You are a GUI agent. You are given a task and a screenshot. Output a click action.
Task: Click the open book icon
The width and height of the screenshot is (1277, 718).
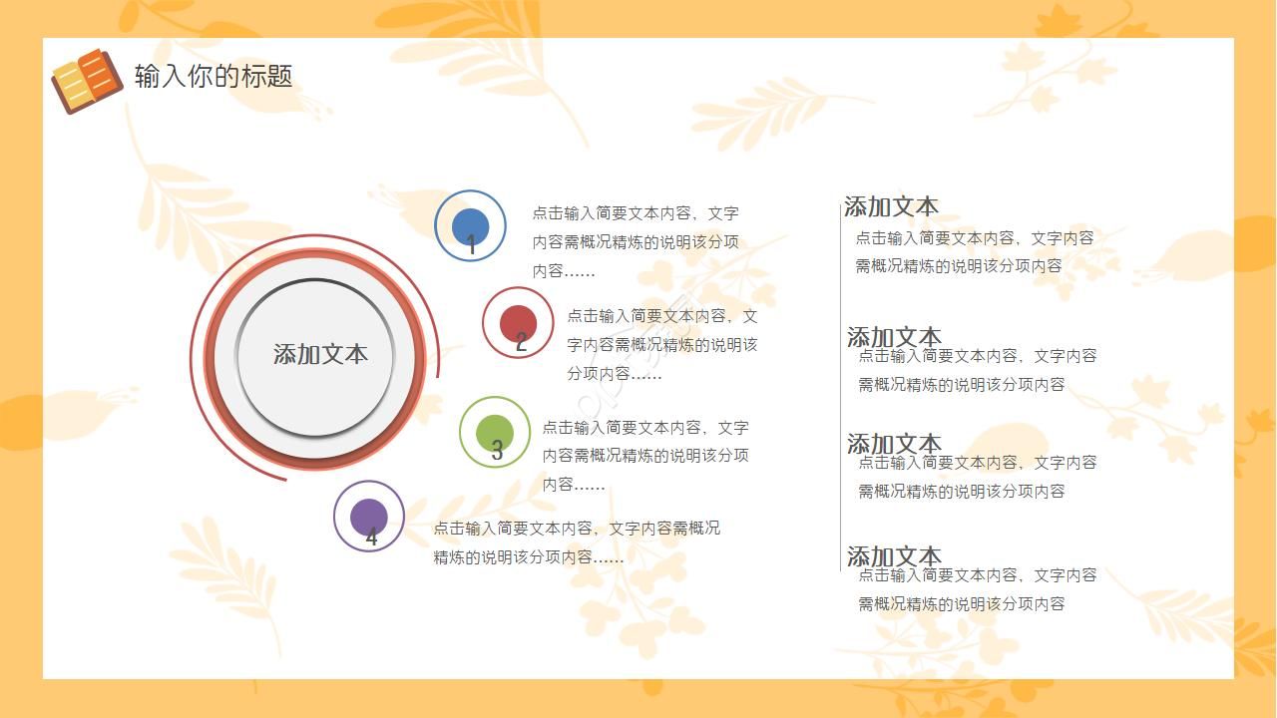87,80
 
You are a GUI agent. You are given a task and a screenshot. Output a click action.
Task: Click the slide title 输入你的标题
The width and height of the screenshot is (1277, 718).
213,76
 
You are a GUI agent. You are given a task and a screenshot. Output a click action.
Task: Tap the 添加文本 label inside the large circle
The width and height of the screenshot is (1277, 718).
320,354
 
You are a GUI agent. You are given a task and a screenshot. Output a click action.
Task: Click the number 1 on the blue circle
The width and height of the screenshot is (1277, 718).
472,244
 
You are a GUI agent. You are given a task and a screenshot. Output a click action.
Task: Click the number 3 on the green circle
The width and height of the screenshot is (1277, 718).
497,451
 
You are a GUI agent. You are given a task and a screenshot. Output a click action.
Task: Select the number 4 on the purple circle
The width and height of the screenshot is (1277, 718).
372,538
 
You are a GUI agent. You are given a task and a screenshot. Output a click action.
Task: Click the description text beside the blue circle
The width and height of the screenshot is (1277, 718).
636,241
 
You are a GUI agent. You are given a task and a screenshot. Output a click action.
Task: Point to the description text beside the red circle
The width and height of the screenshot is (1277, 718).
662,344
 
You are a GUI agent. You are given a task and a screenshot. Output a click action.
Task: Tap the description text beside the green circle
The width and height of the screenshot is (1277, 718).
645,456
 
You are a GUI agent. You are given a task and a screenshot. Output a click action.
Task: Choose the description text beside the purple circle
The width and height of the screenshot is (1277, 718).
577,542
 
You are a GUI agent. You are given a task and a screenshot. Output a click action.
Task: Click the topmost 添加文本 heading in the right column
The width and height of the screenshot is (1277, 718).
891,206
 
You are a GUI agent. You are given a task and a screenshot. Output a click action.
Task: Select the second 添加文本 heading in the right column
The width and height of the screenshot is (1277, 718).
894,335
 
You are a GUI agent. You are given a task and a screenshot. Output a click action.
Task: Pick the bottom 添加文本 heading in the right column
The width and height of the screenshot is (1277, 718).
894,554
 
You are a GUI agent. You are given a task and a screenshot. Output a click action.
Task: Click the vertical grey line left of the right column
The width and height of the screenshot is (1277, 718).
841,389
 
